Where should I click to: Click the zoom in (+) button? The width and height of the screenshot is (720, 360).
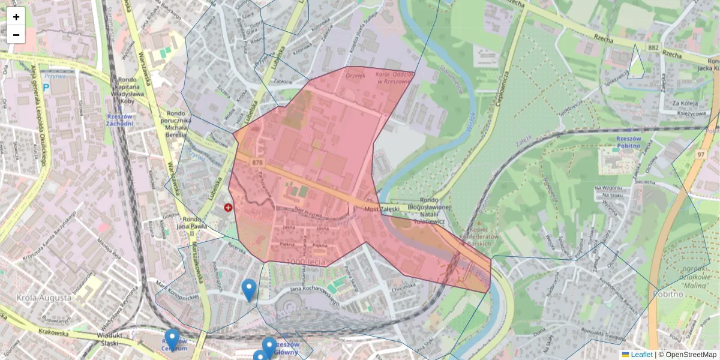[16, 16]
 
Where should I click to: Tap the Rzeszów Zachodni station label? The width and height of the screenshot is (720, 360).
[119, 120]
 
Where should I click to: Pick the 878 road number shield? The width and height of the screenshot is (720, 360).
[257, 163]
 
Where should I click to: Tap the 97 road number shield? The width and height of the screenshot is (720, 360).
[700, 155]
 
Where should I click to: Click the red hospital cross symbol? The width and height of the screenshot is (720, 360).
[228, 208]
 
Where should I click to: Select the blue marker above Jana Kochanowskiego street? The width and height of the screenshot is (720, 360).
[248, 289]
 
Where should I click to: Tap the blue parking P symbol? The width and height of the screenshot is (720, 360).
[46, 88]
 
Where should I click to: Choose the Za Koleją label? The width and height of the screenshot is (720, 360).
[685, 103]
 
